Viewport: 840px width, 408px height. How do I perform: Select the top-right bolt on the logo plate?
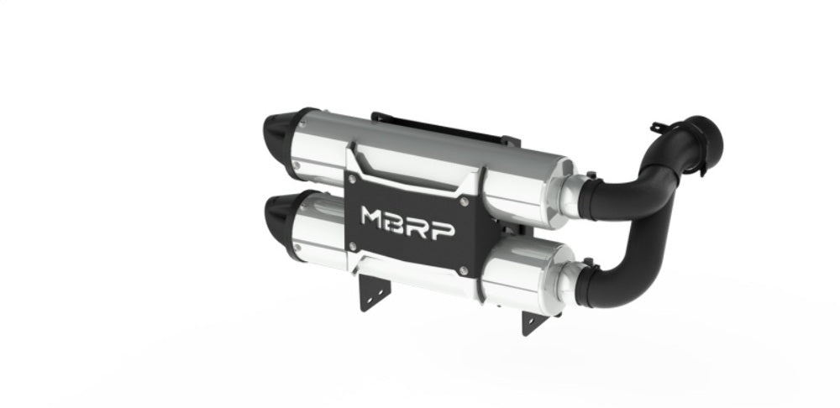[x=465, y=201]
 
